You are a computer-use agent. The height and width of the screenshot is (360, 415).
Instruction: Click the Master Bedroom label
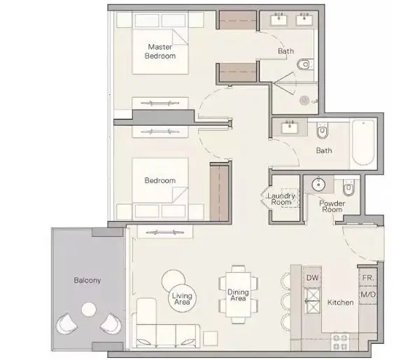pyautogui.click(x=160, y=52)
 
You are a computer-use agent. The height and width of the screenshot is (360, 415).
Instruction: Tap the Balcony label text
pyautogui.click(x=87, y=280)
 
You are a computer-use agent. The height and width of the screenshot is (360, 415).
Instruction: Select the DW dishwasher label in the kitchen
pyautogui.click(x=312, y=278)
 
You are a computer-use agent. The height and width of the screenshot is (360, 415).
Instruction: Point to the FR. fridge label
pyautogui.click(x=368, y=278)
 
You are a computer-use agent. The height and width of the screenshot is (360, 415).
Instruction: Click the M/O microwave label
pyautogui.click(x=368, y=294)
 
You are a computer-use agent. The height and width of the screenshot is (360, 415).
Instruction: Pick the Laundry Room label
pyautogui.click(x=281, y=199)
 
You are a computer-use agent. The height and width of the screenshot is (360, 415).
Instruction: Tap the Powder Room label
pyautogui.click(x=332, y=206)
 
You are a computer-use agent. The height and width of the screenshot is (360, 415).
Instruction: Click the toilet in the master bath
pyautogui.click(x=305, y=64)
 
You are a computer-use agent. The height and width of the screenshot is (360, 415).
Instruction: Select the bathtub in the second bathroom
pyautogui.click(x=363, y=143)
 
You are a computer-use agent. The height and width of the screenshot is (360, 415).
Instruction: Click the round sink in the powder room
pyautogui.click(x=318, y=185)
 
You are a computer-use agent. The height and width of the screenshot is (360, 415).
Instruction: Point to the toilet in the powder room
pyautogui.click(x=349, y=187)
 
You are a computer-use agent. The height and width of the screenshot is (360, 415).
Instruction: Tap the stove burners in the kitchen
pyautogui.click(x=340, y=342)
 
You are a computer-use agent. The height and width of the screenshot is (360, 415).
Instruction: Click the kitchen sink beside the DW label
pyautogui.click(x=313, y=301)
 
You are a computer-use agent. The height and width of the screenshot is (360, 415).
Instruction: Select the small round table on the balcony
pyautogui.click(x=89, y=310)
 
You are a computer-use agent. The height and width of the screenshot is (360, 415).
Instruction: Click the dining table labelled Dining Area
pyautogui.click(x=238, y=294)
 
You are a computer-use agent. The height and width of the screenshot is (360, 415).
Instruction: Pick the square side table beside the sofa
pyautogui.click(x=211, y=339)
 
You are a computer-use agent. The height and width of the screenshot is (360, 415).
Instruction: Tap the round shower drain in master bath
pyautogui.click(x=304, y=101)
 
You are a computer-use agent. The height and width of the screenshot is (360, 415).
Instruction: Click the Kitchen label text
pyautogui.click(x=340, y=303)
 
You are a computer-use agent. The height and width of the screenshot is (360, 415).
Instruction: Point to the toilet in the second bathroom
pyautogui.click(x=322, y=130)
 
